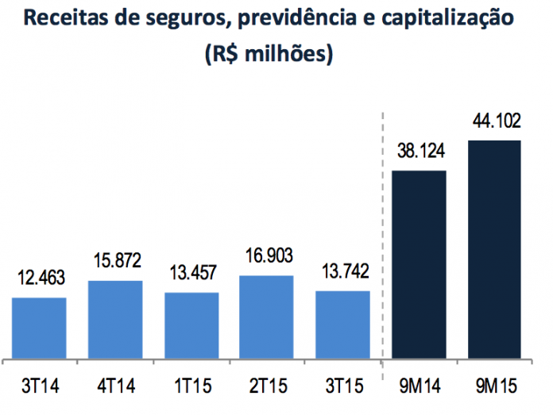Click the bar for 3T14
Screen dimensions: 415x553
pos(39,329)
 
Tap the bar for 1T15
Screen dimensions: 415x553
pos(191,326)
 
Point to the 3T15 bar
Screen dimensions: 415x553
pos(342,325)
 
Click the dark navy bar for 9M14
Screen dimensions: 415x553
pos(419,265)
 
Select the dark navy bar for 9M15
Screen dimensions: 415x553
pos(494,250)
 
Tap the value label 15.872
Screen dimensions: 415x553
pos(115,263)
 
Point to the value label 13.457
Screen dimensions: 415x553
pos(191,275)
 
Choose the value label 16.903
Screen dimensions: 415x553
pos(266,257)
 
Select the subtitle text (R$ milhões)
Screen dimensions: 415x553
pos(268,55)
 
